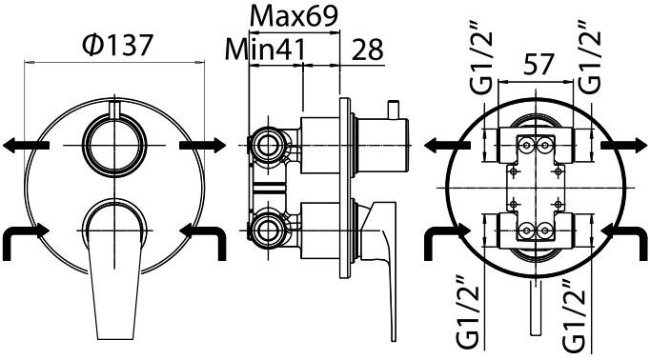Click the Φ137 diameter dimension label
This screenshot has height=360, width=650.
pos(118,45)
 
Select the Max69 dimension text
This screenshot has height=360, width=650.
pos(294,15)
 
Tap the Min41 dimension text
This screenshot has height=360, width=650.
pos(265,49)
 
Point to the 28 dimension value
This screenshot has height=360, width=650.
pos(368,50)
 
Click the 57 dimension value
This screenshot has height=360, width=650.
pos(538,65)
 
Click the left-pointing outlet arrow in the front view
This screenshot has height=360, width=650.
pos(26,146)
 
